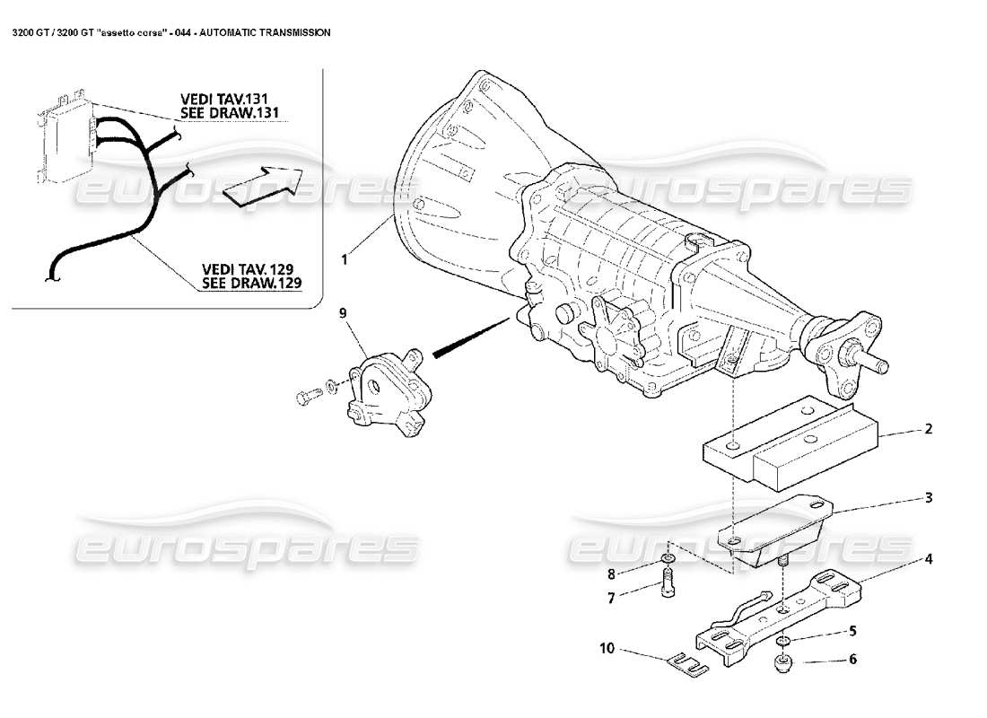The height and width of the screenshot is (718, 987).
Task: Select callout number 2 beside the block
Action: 929,429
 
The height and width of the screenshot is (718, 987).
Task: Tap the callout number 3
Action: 929,496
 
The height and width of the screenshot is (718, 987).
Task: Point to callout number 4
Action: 929,558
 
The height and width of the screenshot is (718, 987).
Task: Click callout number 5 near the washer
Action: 852,630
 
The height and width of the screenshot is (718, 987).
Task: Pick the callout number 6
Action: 852,660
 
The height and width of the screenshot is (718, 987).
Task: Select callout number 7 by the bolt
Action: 612,598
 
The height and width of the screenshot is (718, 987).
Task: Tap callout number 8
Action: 612,574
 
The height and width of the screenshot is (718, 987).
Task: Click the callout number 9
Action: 342,313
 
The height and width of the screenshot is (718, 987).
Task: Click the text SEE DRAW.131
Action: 241,113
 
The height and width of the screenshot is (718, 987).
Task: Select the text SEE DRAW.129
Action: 251,282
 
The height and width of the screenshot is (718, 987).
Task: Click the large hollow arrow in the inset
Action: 260,185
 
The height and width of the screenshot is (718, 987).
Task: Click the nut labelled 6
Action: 784,664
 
